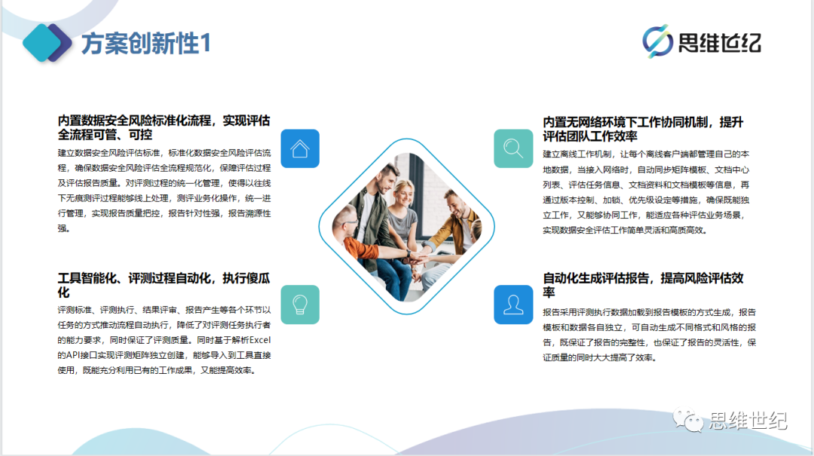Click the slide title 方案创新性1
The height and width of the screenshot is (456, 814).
pyautogui.click(x=146, y=43)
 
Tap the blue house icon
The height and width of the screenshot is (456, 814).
pyautogui.click(x=300, y=148)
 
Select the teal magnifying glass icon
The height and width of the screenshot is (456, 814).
pyautogui.click(x=513, y=148)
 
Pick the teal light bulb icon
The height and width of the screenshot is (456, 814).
pyautogui.click(x=300, y=305)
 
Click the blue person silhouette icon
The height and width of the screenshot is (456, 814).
pyautogui.click(x=513, y=305)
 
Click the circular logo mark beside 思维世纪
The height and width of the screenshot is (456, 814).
pyautogui.click(x=657, y=41)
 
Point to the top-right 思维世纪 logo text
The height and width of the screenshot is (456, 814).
pyautogui.click(x=720, y=43)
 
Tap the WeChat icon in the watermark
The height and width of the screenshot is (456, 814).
pyautogui.click(x=688, y=420)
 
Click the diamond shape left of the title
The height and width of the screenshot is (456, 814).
pyautogui.click(x=47, y=43)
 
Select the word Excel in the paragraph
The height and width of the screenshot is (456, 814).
pyautogui.click(x=260, y=340)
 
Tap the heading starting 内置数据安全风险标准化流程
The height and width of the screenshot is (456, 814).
pyautogui.click(x=164, y=127)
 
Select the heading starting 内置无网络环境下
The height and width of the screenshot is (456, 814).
pyautogui.click(x=643, y=129)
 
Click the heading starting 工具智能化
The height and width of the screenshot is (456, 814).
pyautogui.click(x=164, y=285)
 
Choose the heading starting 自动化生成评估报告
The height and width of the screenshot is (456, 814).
pyautogui.click(x=643, y=285)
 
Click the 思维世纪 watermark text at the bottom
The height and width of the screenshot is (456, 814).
pyautogui.click(x=748, y=421)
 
